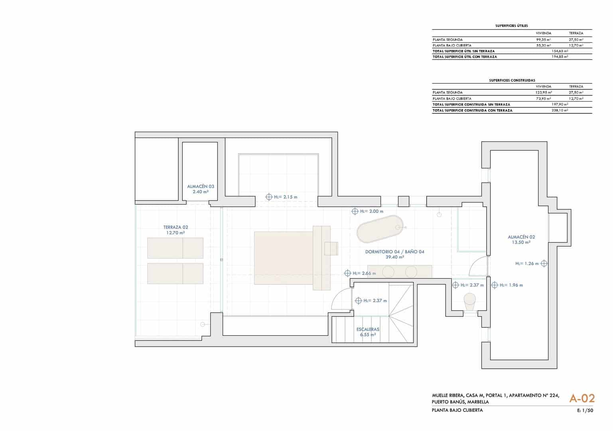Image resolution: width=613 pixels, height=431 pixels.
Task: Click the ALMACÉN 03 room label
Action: click(201, 186)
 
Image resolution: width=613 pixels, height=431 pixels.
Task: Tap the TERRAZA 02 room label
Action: click(175, 227)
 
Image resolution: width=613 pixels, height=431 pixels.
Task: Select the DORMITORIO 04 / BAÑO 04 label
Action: click(394, 252)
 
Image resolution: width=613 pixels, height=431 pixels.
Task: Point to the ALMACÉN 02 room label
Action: click(518, 237)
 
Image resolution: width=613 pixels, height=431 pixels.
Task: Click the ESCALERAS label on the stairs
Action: click(368, 329)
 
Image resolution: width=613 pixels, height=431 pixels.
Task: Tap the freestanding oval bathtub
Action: click(380, 229)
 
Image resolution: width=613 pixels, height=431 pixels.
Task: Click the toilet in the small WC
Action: click(470, 301)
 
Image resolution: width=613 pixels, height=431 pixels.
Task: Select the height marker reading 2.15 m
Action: click(282, 197)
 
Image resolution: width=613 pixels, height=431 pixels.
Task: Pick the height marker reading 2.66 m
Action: click(360, 273)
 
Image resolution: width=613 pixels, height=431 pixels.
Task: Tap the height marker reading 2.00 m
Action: click(367, 211)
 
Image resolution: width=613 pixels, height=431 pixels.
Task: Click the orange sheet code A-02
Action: click(582, 398)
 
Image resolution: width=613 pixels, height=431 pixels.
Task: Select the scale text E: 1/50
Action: click(585, 410)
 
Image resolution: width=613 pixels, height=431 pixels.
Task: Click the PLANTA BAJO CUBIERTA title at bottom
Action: click(457, 410)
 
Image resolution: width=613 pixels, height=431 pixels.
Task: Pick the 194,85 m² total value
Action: click(560, 57)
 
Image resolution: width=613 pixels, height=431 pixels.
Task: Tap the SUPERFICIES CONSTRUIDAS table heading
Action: click(512, 80)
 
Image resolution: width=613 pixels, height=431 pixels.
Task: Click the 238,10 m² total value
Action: click(560, 110)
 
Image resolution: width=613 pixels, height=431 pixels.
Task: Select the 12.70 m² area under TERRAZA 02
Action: click(175, 233)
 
